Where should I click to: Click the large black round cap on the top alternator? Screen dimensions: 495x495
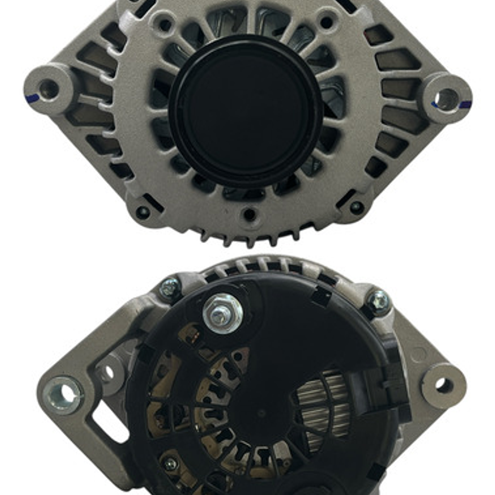246,111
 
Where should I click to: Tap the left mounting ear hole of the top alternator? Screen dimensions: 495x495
48,89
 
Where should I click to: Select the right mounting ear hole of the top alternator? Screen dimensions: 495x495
445,99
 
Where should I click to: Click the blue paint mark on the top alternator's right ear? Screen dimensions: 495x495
464,105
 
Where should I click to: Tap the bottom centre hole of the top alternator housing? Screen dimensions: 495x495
249,214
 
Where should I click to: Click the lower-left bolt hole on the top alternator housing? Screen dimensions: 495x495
143,211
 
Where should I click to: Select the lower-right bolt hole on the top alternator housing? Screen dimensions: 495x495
356,207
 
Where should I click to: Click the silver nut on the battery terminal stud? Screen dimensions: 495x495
222,313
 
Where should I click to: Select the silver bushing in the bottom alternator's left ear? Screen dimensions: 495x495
63,394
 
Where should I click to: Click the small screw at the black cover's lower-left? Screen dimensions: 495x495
170,464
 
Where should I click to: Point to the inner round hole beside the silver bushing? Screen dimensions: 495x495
108,373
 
